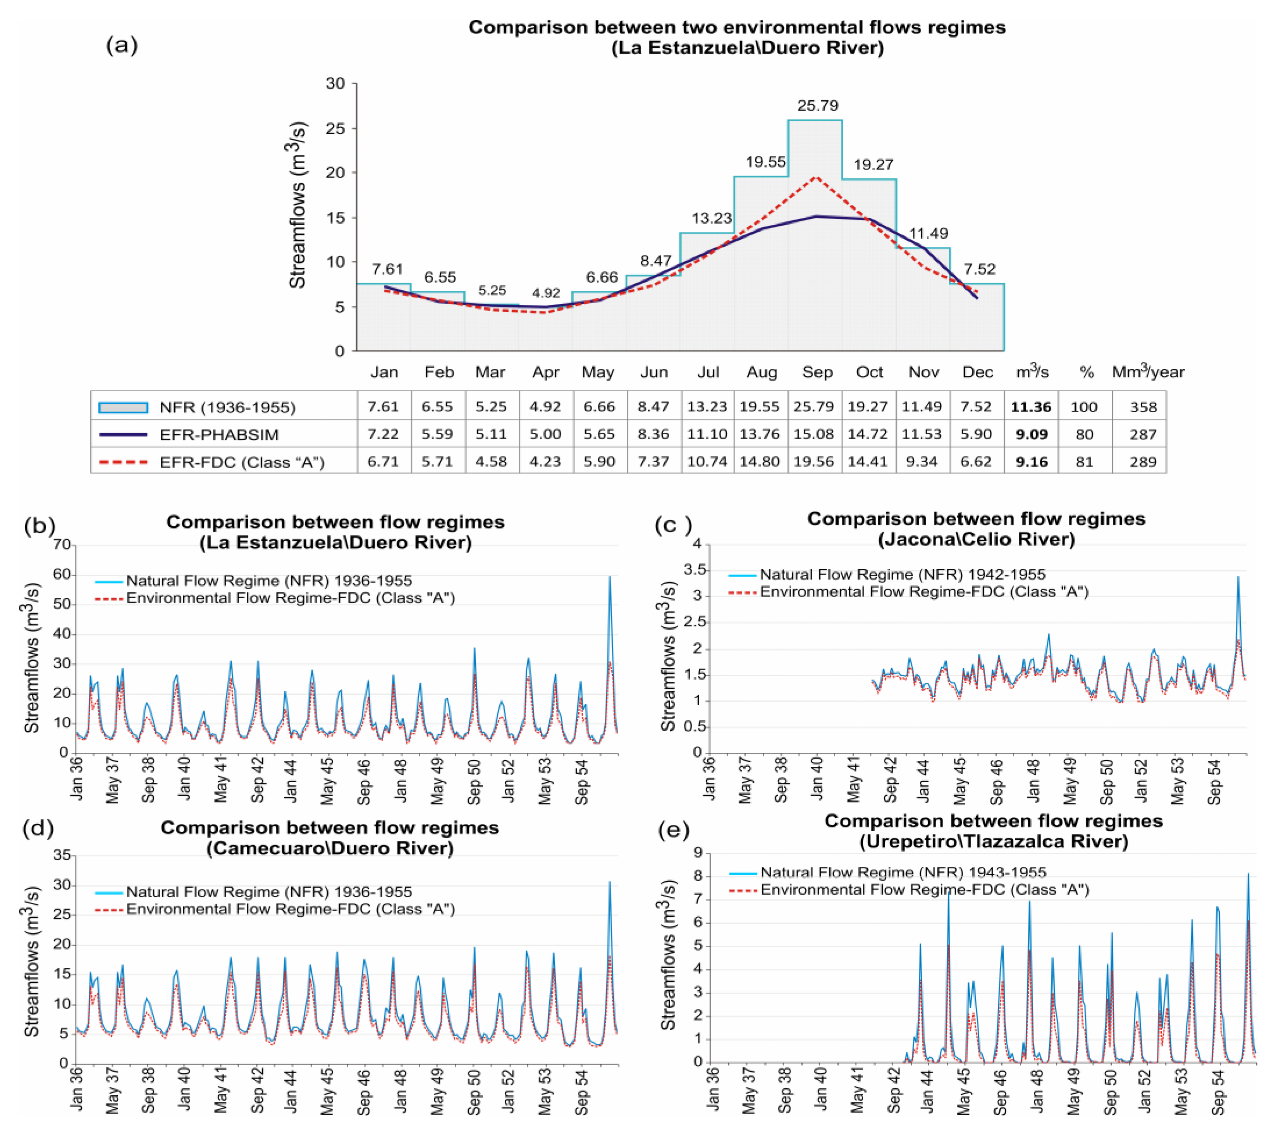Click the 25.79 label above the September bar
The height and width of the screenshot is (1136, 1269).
(817, 105)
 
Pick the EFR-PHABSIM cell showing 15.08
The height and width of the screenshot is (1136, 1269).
(813, 434)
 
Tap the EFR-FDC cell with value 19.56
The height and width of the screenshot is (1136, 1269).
(813, 462)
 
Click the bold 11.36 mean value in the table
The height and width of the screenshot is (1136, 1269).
(1031, 407)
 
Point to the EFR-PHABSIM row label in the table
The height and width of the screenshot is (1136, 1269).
(218, 434)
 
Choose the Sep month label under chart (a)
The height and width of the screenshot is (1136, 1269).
(817, 373)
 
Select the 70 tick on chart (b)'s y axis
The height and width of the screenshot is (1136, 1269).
(62, 544)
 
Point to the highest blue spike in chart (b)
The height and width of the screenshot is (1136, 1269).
(610, 577)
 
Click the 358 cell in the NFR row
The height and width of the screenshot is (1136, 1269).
(1143, 407)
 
